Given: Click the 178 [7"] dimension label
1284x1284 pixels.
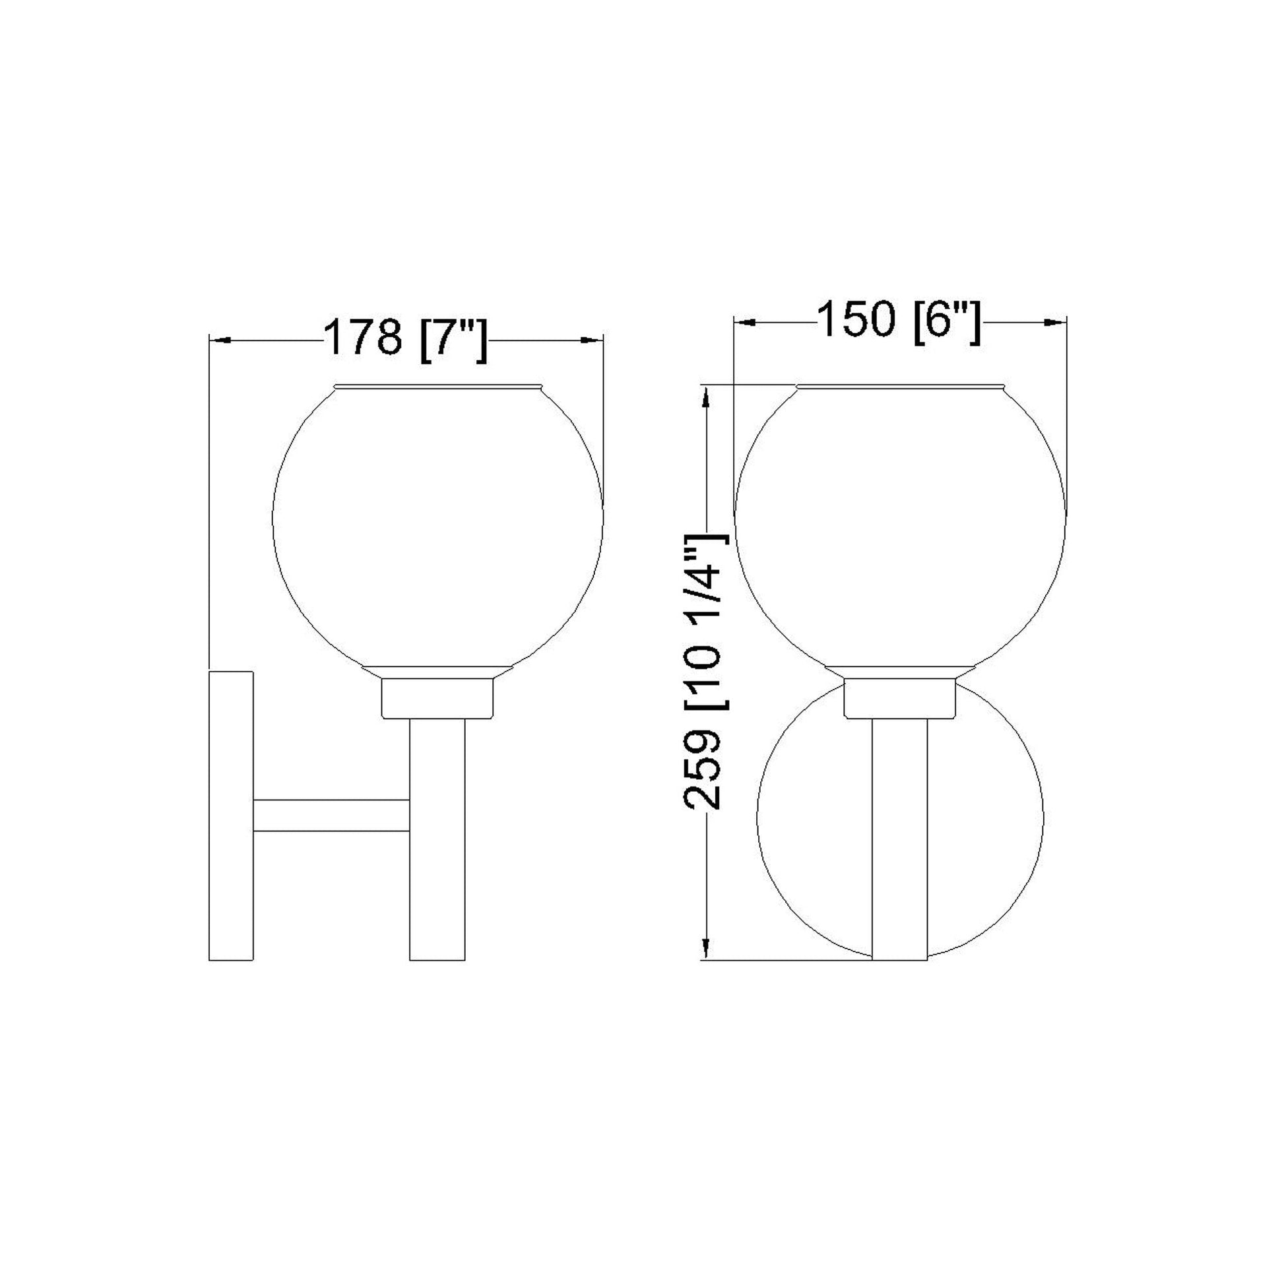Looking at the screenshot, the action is [405, 340].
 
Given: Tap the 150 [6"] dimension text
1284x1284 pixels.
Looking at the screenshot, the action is [899, 322].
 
